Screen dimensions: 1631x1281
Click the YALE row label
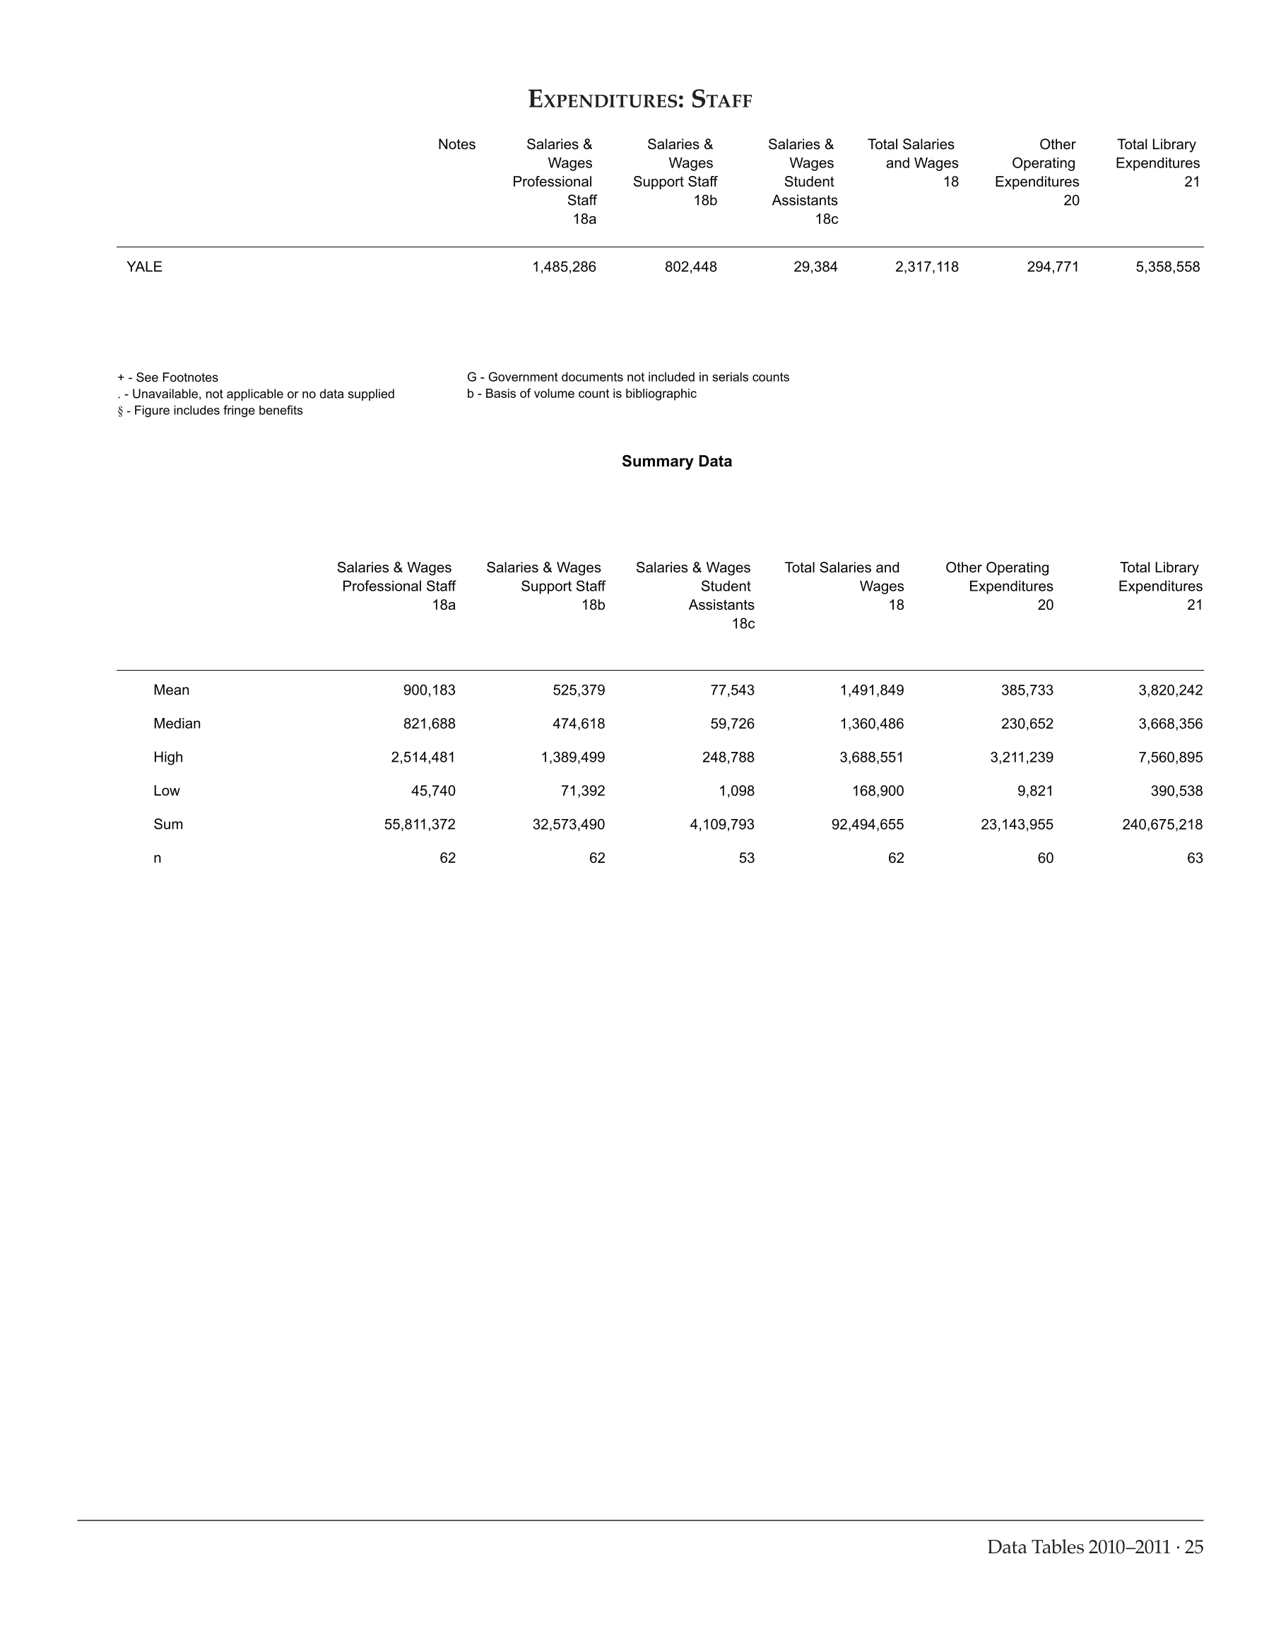144,267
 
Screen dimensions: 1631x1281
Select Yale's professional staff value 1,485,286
564,267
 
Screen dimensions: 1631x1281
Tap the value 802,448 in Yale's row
691,267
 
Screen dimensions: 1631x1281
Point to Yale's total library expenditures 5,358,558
1168,267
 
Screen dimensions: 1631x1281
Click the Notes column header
456,145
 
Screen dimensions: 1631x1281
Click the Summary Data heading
676,461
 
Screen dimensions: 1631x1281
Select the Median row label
177,724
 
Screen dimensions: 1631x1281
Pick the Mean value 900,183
429,690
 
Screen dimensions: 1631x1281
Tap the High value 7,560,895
1170,758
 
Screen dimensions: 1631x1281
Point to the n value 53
746,859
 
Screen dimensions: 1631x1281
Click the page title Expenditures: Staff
639,100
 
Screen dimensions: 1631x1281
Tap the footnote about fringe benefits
210,411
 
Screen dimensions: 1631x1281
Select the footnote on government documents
627,377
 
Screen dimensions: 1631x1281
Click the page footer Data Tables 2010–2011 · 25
1095,1547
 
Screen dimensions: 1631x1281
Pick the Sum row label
168,825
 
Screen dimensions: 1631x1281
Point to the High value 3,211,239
1022,758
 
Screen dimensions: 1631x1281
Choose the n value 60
1045,859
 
